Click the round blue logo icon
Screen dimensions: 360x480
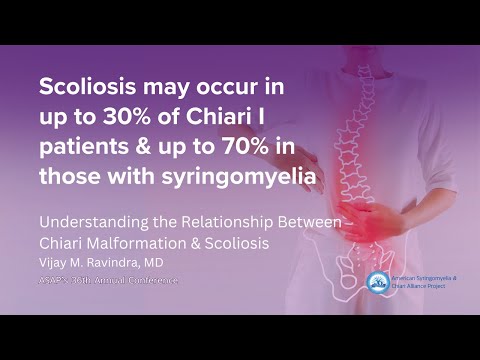(x=377, y=283)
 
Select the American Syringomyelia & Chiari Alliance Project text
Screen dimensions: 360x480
(x=421, y=283)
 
